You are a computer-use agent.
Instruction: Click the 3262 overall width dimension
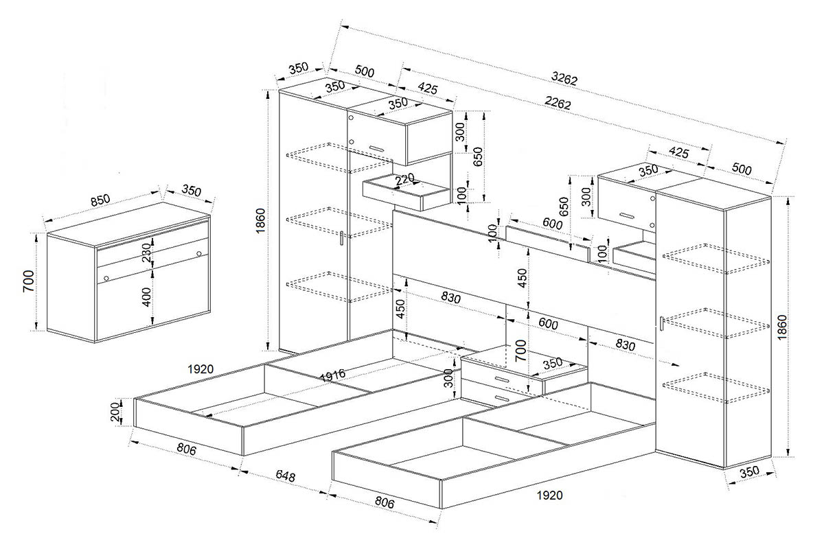pyautogui.click(x=564, y=78)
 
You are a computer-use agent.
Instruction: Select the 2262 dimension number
pyautogui.click(x=558, y=102)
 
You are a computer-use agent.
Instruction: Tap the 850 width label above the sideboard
pyautogui.click(x=100, y=200)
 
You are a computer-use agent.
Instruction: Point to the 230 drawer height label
pyautogui.click(x=146, y=253)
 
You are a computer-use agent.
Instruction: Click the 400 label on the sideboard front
pyautogui.click(x=146, y=297)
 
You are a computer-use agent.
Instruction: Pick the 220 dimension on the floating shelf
pyautogui.click(x=404, y=179)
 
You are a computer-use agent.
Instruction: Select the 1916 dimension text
pyautogui.click(x=332, y=375)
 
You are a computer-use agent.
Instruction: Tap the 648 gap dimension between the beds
pyautogui.click(x=285, y=476)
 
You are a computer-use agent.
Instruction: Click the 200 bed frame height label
pyautogui.click(x=115, y=412)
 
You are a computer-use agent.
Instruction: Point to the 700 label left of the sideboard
pyautogui.click(x=28, y=281)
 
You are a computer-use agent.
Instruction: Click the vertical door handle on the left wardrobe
pyautogui.click(x=342, y=238)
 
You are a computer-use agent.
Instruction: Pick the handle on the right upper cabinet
pyautogui.click(x=627, y=216)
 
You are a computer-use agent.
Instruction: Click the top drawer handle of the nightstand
pyautogui.click(x=501, y=379)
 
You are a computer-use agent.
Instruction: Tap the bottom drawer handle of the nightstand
pyautogui.click(x=501, y=398)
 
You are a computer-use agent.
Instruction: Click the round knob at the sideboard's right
pyautogui.click(x=199, y=253)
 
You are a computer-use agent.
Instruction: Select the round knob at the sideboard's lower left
pyautogui.click(x=106, y=278)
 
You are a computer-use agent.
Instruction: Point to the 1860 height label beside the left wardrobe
pyautogui.click(x=260, y=221)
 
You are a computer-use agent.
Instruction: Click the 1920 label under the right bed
pyautogui.click(x=549, y=495)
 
